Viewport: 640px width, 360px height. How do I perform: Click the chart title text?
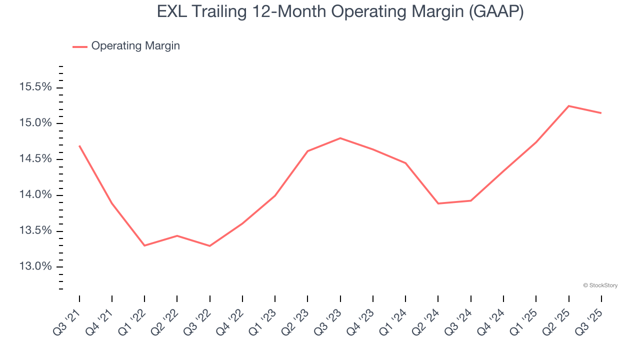click(340, 11)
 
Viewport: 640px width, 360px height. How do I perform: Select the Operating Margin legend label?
click(135, 46)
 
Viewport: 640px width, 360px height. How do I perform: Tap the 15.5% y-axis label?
click(35, 87)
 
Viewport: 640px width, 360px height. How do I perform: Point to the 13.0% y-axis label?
click(35, 266)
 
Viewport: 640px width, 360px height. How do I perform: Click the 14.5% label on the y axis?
click(35, 159)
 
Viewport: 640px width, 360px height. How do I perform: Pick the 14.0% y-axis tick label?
click(35, 195)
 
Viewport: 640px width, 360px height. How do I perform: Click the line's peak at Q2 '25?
click(568, 106)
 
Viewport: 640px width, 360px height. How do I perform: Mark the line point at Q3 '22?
click(209, 246)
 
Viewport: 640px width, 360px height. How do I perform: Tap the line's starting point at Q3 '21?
click(79, 145)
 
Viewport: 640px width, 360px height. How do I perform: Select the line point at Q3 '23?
click(340, 138)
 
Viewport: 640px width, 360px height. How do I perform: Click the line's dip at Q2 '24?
click(438, 203)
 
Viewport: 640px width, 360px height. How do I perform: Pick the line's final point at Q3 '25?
click(601, 113)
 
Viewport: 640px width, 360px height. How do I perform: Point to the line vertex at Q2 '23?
click(307, 151)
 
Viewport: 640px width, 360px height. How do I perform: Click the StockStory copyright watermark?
click(600, 285)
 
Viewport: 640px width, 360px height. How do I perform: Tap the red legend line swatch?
click(80, 46)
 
